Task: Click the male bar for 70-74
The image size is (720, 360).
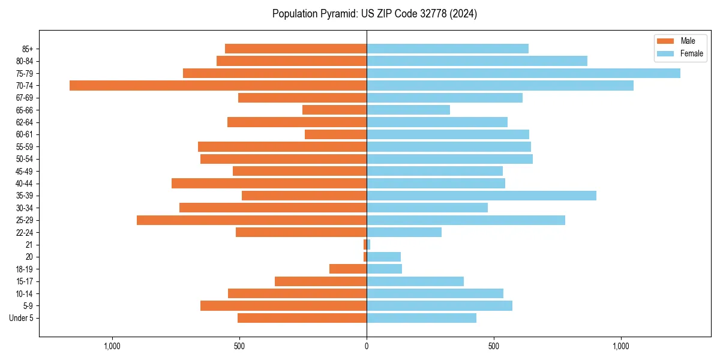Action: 218,85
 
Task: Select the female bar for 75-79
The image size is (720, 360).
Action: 523,73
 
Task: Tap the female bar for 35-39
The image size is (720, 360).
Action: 481,196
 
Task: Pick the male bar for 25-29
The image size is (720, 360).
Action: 251,220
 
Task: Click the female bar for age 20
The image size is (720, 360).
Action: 383,257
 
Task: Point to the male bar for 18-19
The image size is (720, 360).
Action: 348,269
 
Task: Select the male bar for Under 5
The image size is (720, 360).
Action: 302,318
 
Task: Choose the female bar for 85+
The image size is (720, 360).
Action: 448,49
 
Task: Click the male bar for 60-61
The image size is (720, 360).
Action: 335,134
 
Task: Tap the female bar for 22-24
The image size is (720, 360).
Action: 404,232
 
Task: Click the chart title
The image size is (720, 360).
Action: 374,14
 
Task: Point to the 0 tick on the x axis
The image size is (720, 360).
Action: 367,346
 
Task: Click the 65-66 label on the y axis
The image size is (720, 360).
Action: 25,110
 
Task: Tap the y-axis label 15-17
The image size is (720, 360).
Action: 25,281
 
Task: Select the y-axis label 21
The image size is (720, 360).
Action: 29,245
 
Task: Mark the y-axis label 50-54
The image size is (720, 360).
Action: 25,159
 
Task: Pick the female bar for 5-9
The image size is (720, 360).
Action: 439,305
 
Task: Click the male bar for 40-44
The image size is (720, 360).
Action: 269,184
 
